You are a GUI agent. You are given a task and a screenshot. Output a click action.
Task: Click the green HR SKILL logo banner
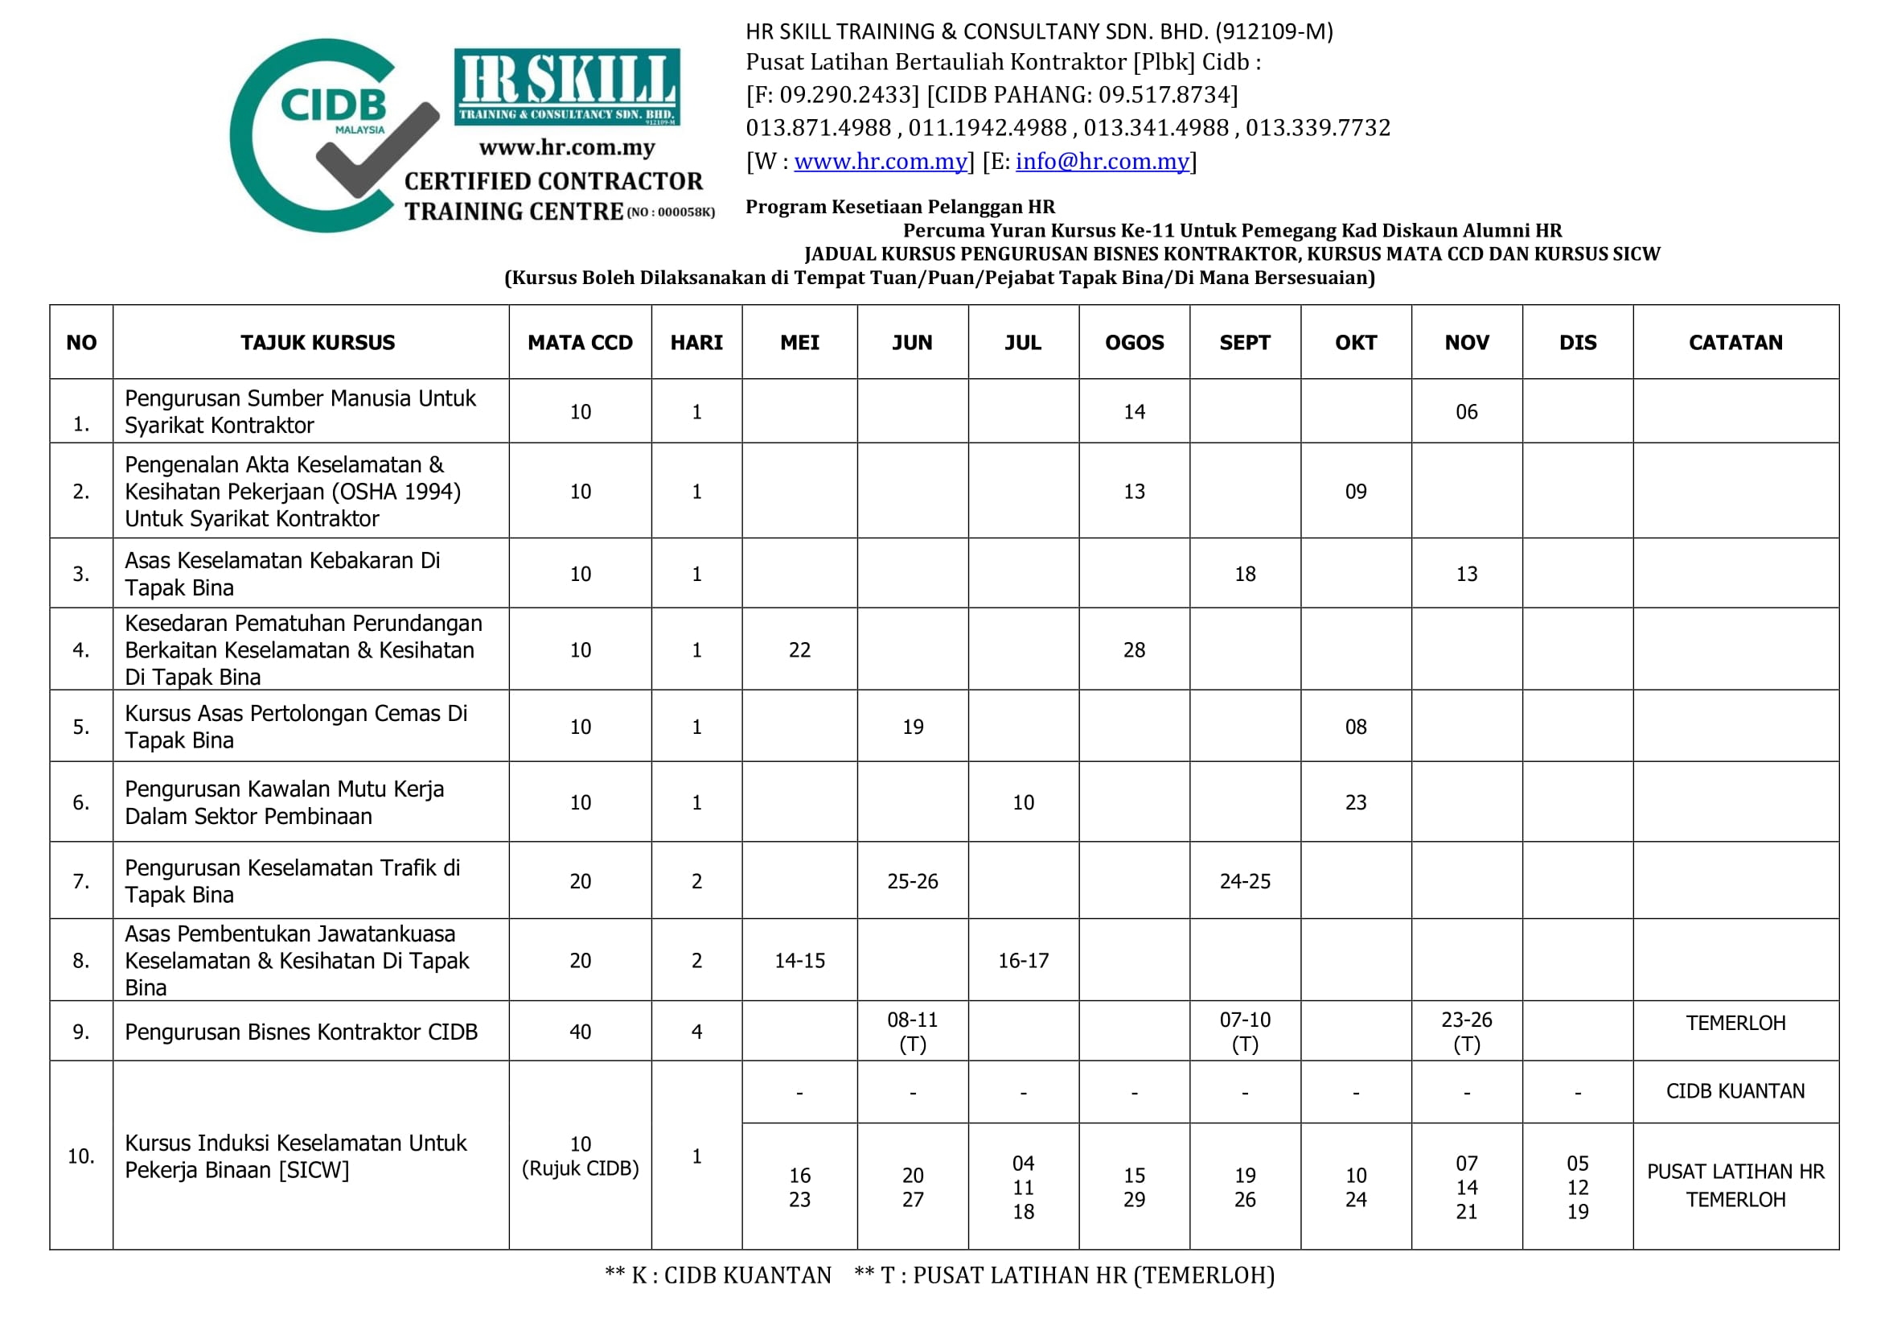pyautogui.click(x=567, y=87)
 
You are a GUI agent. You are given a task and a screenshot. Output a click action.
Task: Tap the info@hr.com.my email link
pyautogui.click(x=1102, y=162)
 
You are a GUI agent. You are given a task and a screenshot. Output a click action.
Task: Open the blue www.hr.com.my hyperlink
pyautogui.click(x=881, y=162)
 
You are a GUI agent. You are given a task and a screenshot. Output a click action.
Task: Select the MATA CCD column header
pyautogui.click(x=580, y=343)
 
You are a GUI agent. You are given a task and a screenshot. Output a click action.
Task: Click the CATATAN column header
pyautogui.click(x=1735, y=343)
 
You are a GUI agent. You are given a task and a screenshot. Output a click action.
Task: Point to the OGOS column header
pyautogui.click(x=1134, y=343)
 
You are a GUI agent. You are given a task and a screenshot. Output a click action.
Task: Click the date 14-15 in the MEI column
pyautogui.click(x=799, y=961)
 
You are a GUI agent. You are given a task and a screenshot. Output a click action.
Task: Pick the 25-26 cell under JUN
pyautogui.click(x=913, y=881)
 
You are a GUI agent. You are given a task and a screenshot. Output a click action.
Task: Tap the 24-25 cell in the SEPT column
pyautogui.click(x=1244, y=881)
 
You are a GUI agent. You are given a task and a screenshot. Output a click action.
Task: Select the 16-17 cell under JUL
pyautogui.click(x=1023, y=961)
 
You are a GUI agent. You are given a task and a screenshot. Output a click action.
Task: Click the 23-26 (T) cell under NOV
pyautogui.click(x=1467, y=1031)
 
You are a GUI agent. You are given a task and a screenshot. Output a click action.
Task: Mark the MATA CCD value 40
pyautogui.click(x=580, y=1032)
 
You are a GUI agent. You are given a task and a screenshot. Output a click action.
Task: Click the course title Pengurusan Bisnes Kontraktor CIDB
pyautogui.click(x=301, y=1032)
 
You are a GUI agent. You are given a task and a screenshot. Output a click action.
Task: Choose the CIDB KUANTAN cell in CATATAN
pyautogui.click(x=1735, y=1091)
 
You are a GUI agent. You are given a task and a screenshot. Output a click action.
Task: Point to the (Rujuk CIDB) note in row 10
pyautogui.click(x=580, y=1168)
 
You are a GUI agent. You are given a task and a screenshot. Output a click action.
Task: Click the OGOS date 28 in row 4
pyautogui.click(x=1134, y=650)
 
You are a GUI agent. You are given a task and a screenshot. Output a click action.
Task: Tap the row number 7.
pyautogui.click(x=81, y=881)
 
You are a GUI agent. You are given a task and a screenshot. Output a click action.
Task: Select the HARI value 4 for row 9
pyautogui.click(x=696, y=1032)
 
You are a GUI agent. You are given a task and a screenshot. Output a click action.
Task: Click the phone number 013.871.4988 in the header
pyautogui.click(x=818, y=128)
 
